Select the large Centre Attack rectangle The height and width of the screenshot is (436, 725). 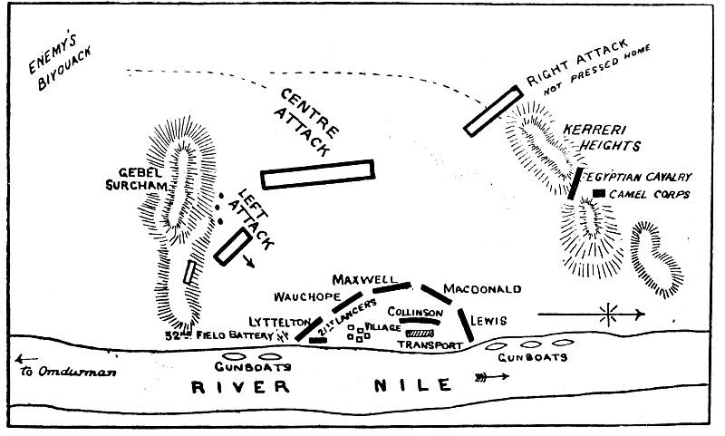317,174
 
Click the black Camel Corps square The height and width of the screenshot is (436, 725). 599,194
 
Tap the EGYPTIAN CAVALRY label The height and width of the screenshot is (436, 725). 639,177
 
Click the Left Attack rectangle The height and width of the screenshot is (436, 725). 232,246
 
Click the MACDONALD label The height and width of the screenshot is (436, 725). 482,289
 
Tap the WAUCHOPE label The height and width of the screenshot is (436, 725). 306,296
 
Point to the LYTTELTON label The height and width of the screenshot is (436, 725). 280,322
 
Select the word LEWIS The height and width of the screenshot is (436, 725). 488,321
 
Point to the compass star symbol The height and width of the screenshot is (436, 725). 608,315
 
